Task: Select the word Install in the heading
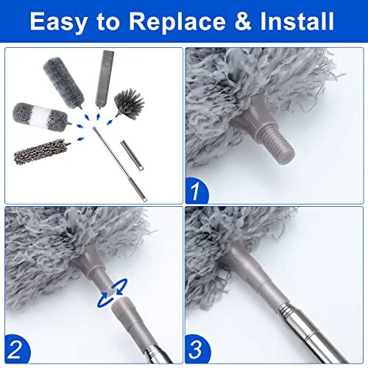coord(297,22)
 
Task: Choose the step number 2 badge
coord(17,345)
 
